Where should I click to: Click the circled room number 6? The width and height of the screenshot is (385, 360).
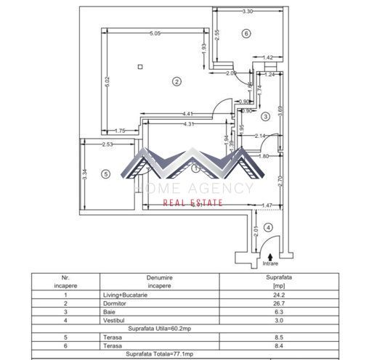246,33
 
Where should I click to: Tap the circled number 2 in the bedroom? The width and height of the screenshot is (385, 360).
176,81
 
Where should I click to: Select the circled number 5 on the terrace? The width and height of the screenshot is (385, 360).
105,173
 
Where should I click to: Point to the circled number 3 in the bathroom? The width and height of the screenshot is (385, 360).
266,116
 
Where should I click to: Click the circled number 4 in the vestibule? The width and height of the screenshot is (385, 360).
268,227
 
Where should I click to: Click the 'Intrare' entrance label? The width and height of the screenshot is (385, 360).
269,265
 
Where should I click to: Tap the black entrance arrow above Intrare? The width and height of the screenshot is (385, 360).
269,256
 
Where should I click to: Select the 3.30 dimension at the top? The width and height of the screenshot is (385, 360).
247,12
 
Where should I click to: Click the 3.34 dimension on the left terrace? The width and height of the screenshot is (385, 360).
85,174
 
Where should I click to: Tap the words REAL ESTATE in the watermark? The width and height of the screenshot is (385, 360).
192,204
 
